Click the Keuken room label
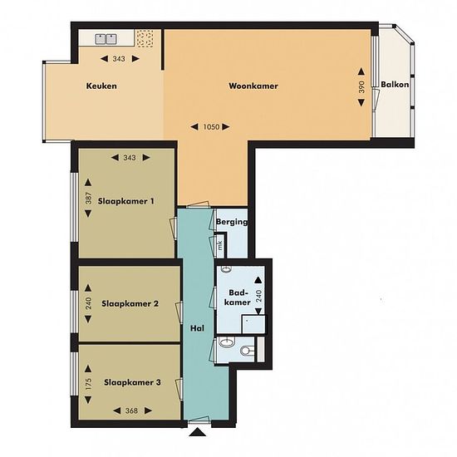[101, 86]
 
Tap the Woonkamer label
[253, 86]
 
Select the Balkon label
[395, 85]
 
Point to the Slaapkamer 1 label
[126, 201]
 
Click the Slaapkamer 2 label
[130, 303]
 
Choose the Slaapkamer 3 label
[132, 382]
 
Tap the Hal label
[197, 328]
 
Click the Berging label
[232, 222]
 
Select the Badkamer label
[238, 297]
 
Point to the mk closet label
[220, 245]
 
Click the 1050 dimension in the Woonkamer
[211, 127]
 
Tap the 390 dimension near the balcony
[361, 87]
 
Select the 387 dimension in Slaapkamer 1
[88, 199]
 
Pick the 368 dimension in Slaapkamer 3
[131, 410]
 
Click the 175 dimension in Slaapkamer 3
[88, 385]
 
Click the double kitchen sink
[106, 39]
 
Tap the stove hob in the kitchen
[145, 38]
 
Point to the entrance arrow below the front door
[197, 432]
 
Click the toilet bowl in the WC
[246, 351]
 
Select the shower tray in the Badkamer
[253, 324]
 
